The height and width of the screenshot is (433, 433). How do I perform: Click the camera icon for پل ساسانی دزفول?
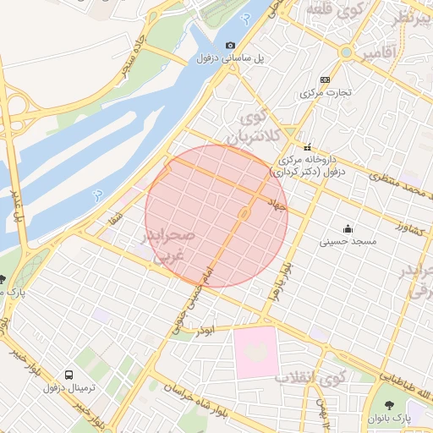[x=230, y=45]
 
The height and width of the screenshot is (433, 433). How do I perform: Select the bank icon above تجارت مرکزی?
[x=326, y=79]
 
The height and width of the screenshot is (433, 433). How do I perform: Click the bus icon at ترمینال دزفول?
[x=68, y=375]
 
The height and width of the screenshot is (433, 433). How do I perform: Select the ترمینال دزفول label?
[x=65, y=387]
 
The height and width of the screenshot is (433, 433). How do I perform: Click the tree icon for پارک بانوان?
[x=389, y=406]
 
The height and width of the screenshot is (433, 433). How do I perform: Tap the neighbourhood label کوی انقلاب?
[x=311, y=376]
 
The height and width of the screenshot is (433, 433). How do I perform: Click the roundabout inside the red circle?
[x=244, y=214]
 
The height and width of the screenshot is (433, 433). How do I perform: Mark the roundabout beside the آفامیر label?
[x=345, y=52]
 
